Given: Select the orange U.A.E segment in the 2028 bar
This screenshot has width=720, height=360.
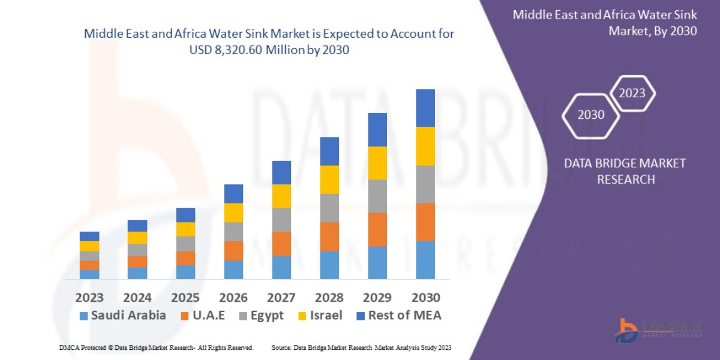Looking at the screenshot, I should [x=329, y=236].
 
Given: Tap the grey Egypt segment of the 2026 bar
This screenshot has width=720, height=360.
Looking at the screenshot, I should [x=233, y=232].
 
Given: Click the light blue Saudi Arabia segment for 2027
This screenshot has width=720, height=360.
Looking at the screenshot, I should [x=281, y=267].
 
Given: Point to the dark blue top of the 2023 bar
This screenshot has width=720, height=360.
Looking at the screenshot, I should [x=89, y=236].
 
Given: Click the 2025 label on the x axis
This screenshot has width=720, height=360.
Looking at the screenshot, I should [x=185, y=298].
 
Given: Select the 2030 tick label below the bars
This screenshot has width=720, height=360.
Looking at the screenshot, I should [x=425, y=298].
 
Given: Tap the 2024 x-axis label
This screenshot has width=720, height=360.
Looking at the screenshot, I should [x=137, y=298].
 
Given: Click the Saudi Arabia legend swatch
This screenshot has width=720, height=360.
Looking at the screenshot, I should [x=83, y=316].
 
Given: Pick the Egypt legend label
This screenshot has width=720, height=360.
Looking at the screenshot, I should [x=266, y=316].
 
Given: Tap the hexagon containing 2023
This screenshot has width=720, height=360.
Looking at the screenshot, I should [x=632, y=93].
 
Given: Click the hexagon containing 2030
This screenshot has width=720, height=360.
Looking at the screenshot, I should [x=591, y=115].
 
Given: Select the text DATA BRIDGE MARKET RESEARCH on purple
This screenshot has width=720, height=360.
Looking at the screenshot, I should [x=625, y=171].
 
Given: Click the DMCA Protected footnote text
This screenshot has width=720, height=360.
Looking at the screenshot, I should [x=156, y=347].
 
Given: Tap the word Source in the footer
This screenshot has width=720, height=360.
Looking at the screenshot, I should [x=282, y=347].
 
